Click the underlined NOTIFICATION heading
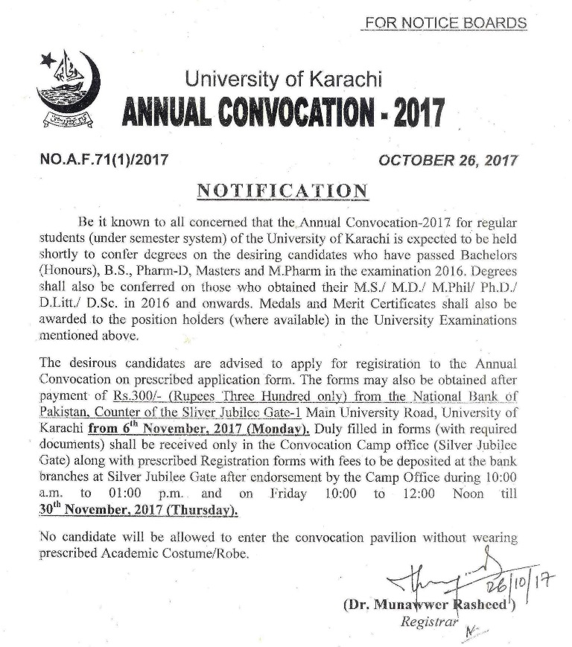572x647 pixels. pos(282,191)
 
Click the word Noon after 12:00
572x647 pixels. pos(469,494)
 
